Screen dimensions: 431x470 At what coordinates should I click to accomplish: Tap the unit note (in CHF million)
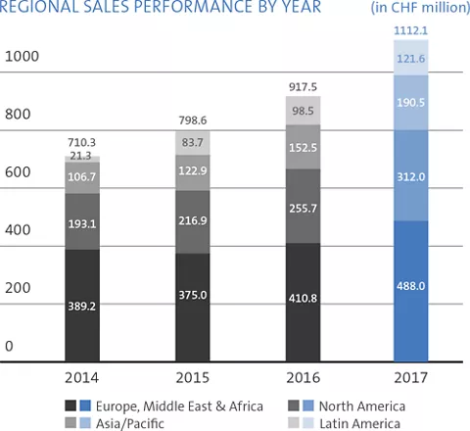click(419, 8)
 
